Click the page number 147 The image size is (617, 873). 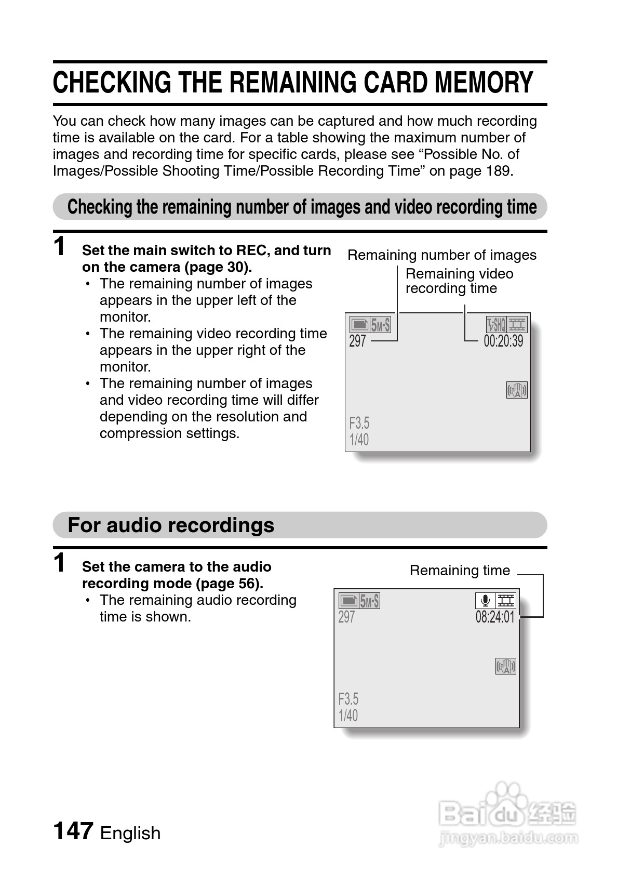73,831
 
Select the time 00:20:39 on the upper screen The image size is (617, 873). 503,341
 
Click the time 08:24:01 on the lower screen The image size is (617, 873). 495,617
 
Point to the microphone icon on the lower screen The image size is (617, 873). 485,601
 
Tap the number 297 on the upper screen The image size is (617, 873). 357,341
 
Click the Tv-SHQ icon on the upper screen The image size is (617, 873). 496,325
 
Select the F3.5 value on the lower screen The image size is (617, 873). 348,699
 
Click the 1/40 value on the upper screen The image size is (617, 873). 359,440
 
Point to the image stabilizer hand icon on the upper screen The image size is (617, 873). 517,390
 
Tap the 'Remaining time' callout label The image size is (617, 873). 460,571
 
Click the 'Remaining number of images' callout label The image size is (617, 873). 441,255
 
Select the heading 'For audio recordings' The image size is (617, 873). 171,525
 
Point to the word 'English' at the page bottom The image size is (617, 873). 130,833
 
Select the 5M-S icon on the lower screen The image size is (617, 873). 370,601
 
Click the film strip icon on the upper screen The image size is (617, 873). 517,325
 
